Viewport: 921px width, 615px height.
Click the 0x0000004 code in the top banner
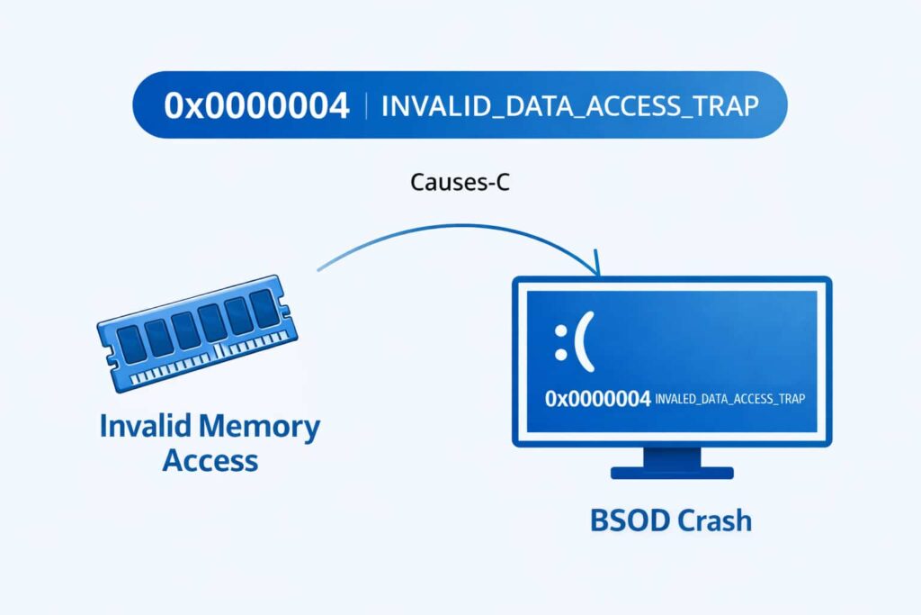click(x=256, y=105)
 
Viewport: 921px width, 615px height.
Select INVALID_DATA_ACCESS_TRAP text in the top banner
click(x=570, y=105)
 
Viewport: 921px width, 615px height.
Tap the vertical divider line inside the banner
click(x=366, y=105)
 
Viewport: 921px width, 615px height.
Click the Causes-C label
click(x=460, y=182)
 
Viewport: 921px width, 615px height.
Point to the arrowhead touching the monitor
click(x=595, y=269)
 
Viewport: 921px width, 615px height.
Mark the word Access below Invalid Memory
click(x=210, y=461)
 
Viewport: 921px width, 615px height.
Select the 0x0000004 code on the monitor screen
click(x=597, y=399)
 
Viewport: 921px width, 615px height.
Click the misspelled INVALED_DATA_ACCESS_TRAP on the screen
click(x=729, y=399)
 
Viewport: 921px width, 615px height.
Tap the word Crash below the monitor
click(x=715, y=520)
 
